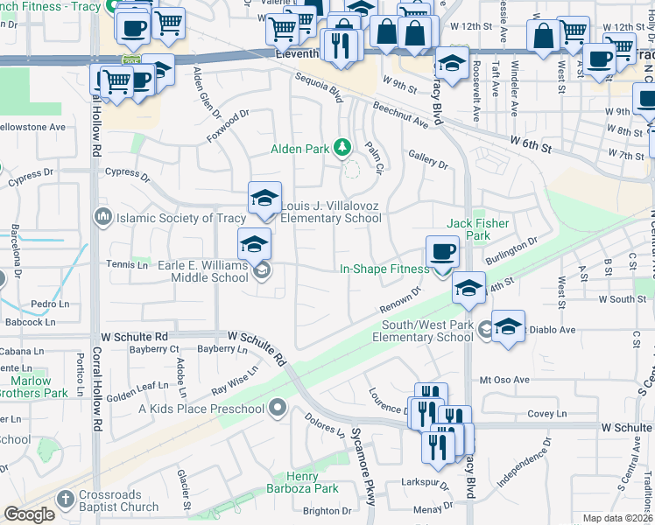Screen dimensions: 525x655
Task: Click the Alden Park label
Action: click(299, 150)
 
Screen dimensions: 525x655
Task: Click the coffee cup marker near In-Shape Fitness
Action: click(442, 252)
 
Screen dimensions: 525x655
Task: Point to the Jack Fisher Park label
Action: click(478, 229)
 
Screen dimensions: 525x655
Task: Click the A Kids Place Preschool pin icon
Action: click(278, 408)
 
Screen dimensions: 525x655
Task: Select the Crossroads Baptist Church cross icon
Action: click(64, 499)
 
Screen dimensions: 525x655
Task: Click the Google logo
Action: click(29, 514)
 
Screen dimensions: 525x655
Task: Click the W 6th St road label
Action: click(533, 143)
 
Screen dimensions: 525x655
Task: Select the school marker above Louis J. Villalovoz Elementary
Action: click(264, 199)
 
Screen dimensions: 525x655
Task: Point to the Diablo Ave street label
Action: click(555, 330)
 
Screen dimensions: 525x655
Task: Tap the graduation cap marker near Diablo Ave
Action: click(508, 326)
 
